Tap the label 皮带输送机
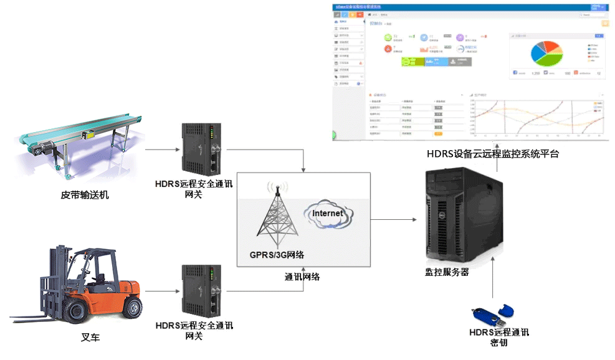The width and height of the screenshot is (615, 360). (x=85, y=195)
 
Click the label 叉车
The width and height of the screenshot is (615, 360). (x=90, y=338)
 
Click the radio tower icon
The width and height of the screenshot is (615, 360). (x=277, y=215)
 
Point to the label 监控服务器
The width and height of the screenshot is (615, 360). (x=447, y=272)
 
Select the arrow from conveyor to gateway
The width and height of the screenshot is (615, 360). (x=161, y=150)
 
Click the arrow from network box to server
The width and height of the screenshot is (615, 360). (x=393, y=219)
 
